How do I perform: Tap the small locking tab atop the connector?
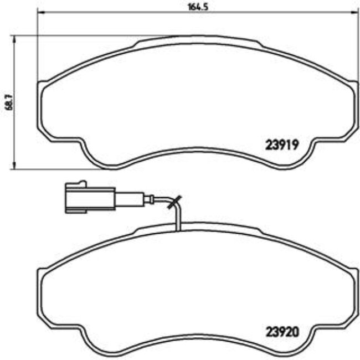(81, 183)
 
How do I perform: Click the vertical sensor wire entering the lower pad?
(177, 219)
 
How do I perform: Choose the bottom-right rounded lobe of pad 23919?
(302, 158)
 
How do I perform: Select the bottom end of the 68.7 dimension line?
(13, 168)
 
